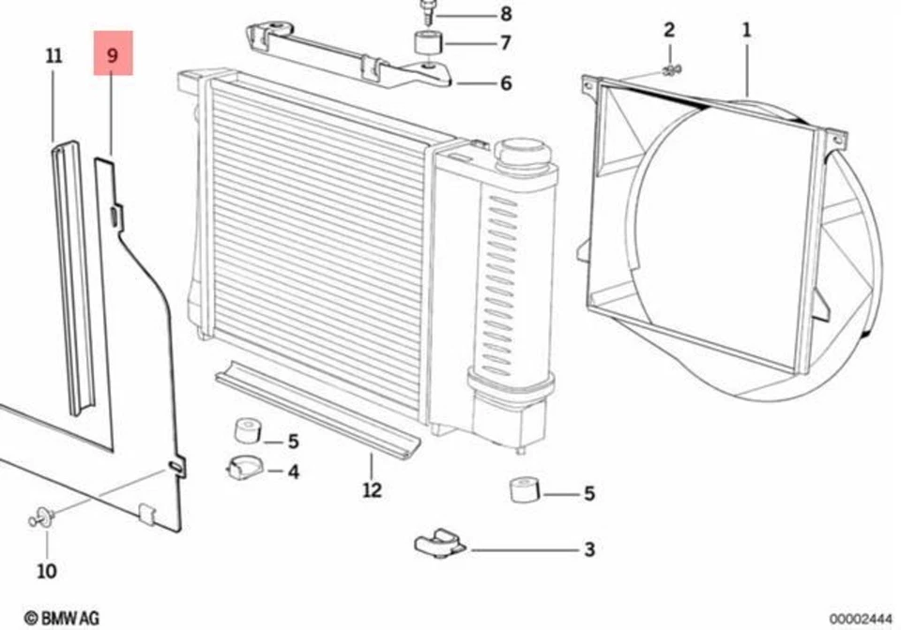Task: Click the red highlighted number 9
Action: (113, 54)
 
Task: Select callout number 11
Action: (53, 55)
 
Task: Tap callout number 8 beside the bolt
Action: (506, 14)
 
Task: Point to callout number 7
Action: (505, 43)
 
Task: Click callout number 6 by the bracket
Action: (505, 83)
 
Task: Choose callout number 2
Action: (669, 30)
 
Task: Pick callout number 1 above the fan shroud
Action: (746, 30)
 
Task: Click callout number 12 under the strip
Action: (372, 489)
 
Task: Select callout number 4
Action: (293, 472)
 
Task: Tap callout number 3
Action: (588, 549)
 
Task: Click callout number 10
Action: (46, 570)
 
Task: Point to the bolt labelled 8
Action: (429, 12)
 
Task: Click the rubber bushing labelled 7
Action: (427, 43)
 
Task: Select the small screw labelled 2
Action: (671, 68)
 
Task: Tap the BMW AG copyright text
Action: (61, 618)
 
